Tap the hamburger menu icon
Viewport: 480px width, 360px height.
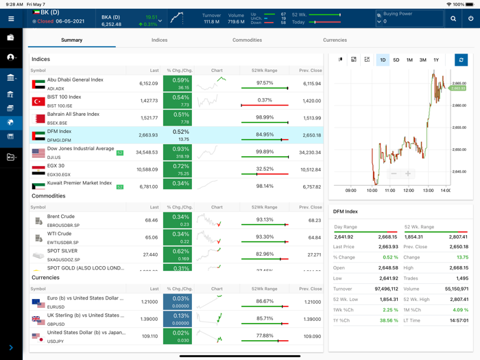[x=11, y=19]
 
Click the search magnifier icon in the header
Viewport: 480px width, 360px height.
[x=453, y=19]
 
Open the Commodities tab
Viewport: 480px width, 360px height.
[x=247, y=40]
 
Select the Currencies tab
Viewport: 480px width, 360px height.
[x=335, y=40]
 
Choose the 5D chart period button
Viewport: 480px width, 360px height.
[x=396, y=60]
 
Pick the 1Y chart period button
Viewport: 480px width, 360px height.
[x=436, y=60]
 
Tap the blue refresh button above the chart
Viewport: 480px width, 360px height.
[x=461, y=60]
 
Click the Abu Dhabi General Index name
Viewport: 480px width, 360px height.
[x=75, y=80]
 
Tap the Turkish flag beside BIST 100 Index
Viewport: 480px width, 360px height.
[x=38, y=101]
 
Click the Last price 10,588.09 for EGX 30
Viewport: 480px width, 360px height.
[x=147, y=169]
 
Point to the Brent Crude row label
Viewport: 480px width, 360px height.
[x=61, y=217]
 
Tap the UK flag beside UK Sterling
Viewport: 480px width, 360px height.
[x=38, y=319]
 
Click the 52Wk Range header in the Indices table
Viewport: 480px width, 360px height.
[x=264, y=71]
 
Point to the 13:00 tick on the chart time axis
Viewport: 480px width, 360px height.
[x=428, y=191]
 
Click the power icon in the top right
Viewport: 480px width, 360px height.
[x=470, y=19]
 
